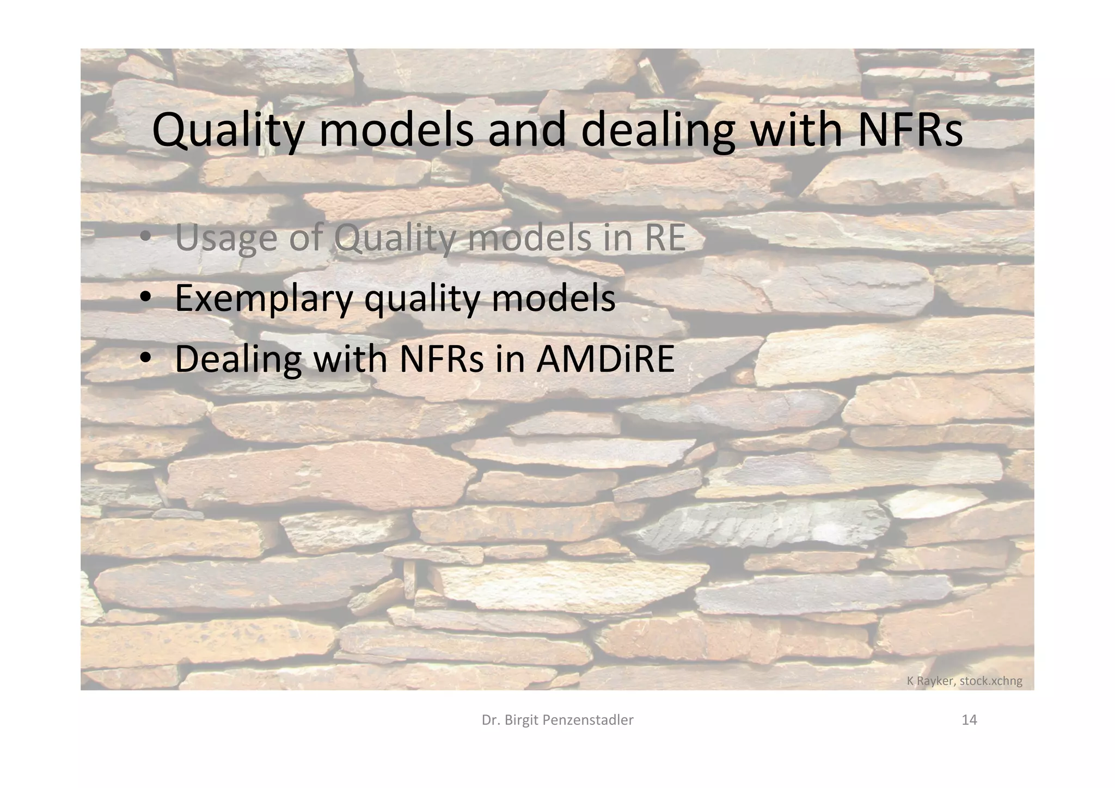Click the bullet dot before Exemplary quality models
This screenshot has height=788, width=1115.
145,298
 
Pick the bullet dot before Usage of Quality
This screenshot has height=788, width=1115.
145,239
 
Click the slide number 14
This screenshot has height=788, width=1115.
969,720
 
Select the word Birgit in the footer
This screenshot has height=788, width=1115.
522,720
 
